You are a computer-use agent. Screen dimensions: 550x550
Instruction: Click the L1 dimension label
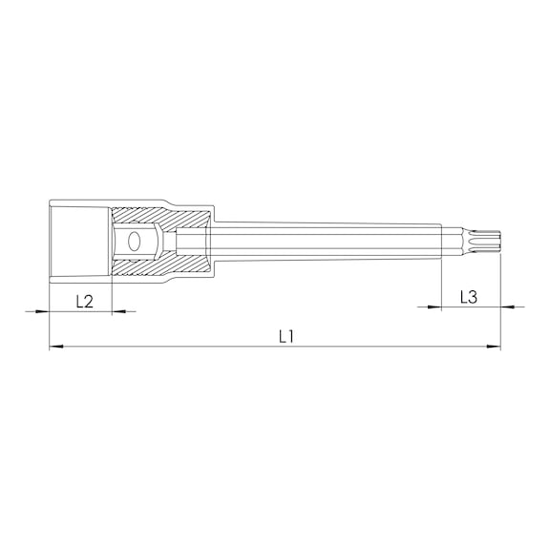(x=286, y=337)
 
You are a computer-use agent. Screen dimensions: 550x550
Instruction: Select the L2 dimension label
(x=85, y=302)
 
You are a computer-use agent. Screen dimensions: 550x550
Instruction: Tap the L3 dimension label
(x=469, y=298)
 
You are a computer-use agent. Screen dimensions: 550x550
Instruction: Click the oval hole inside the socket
(x=134, y=242)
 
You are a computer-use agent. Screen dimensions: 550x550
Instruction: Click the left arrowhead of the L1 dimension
(x=56, y=347)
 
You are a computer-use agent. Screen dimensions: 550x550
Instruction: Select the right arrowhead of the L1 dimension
(x=494, y=347)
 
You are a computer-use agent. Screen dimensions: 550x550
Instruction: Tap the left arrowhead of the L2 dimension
(x=42, y=311)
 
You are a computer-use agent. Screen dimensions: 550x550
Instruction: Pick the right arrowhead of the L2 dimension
(x=118, y=311)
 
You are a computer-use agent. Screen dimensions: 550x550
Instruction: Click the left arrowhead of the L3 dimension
(x=434, y=307)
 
